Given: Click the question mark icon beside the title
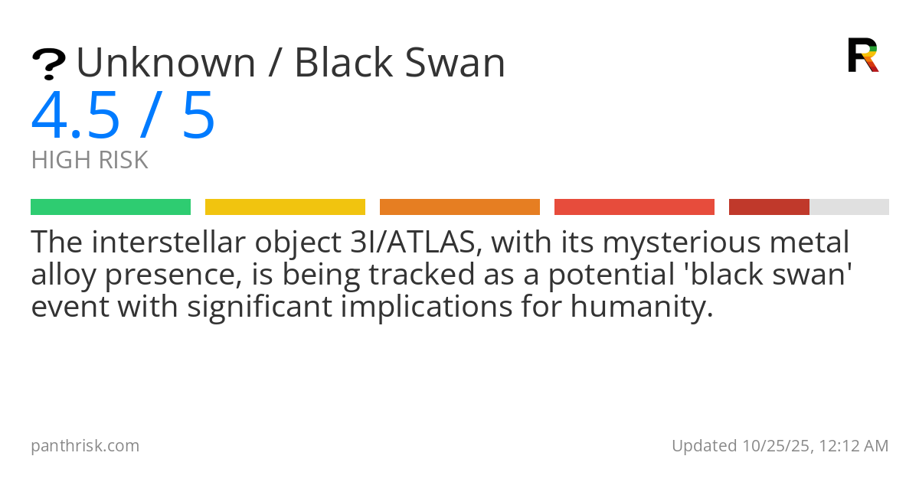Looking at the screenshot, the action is point(49,64).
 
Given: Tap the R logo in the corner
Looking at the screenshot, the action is point(863,55).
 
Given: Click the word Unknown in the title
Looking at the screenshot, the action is point(166,63).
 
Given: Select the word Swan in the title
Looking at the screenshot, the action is point(455,63).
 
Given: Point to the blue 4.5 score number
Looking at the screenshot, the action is point(76,116).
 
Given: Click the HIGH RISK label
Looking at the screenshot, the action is point(90,160).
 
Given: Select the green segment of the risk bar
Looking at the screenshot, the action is point(111,207).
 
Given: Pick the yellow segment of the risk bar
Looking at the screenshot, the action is point(285,207).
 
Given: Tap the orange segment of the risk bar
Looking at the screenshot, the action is point(460,207).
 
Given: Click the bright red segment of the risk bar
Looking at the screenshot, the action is point(634,207).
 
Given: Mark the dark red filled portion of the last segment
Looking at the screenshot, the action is point(769,207).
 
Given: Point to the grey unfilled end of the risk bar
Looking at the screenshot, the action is point(849,207).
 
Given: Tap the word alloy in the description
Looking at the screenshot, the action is point(64,275).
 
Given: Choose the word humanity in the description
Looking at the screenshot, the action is point(642,307).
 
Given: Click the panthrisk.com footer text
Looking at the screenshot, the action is point(85,446).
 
